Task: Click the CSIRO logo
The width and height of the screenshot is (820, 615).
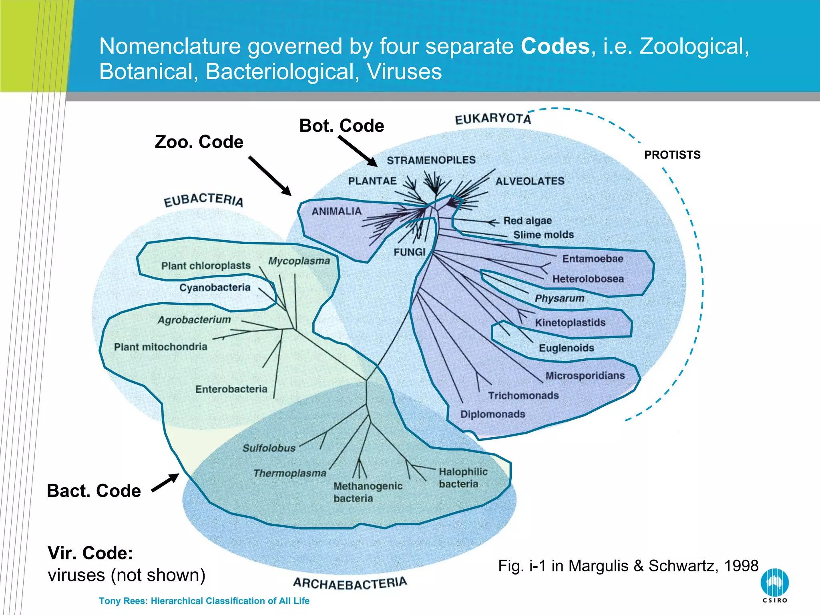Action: click(774, 585)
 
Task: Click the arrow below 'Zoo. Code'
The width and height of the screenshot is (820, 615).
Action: click(270, 176)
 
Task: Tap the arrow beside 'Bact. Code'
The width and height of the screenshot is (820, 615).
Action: click(165, 483)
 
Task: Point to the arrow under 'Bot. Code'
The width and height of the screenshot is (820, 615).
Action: click(358, 151)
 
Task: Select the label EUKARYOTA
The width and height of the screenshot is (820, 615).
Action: click(493, 119)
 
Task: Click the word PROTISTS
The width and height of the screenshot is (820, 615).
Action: click(672, 155)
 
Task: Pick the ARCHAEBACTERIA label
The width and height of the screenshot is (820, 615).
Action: click(350, 583)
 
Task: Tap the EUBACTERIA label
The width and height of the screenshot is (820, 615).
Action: click(203, 199)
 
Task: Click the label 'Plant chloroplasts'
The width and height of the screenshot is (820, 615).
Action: click(206, 265)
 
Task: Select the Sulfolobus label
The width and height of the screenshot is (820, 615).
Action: click(269, 448)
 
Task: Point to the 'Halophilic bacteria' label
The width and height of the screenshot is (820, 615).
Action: click(462, 478)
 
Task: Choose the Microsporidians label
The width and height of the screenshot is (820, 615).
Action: click(585, 376)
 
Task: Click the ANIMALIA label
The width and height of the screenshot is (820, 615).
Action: click(336, 211)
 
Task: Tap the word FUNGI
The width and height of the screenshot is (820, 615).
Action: click(409, 252)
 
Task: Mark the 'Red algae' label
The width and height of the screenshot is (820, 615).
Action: click(527, 221)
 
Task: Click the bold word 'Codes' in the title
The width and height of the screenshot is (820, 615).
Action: click(555, 46)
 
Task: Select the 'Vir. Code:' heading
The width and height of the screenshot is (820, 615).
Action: click(90, 553)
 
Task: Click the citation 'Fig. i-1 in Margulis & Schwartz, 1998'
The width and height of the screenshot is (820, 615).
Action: click(628, 566)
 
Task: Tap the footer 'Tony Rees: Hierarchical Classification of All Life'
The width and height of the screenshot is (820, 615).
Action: click(204, 601)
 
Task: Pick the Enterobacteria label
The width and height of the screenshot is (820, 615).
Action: click(231, 389)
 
